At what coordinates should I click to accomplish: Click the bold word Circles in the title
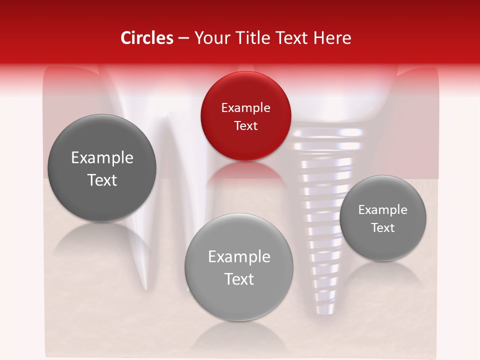tap(147, 38)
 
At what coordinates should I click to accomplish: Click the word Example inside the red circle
tap(245, 107)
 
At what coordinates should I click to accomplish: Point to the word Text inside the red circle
tap(245, 125)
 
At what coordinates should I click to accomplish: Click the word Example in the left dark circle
tap(102, 158)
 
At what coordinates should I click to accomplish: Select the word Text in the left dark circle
tap(102, 180)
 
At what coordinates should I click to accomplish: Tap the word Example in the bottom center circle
tap(239, 257)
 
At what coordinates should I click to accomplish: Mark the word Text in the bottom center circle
tap(239, 279)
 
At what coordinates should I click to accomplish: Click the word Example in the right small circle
tap(382, 209)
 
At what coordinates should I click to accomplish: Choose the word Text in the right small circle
tap(382, 227)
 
